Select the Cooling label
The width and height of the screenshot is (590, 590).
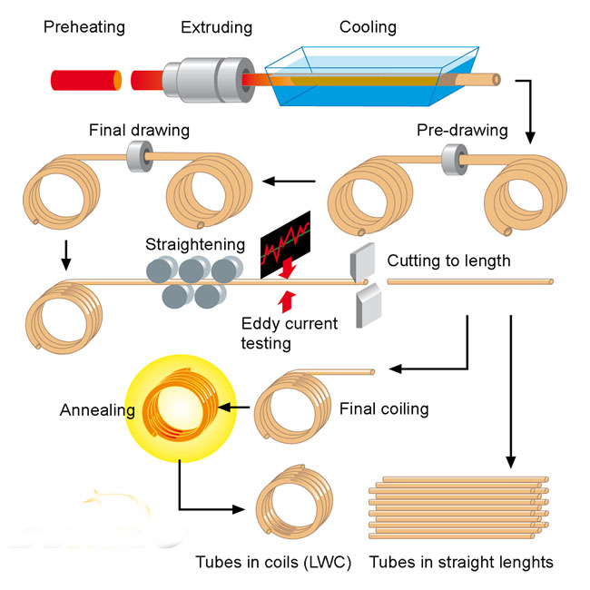tap(368, 26)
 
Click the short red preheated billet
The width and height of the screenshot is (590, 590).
tap(85, 79)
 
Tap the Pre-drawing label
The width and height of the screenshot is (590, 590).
tap(462, 130)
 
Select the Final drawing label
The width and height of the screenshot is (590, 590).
tap(139, 130)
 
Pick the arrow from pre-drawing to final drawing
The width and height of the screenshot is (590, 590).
tap(289, 182)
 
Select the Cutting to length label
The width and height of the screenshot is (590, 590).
tap(448, 261)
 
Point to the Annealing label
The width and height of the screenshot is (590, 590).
tap(97, 410)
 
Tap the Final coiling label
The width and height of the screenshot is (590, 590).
tap(383, 408)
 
